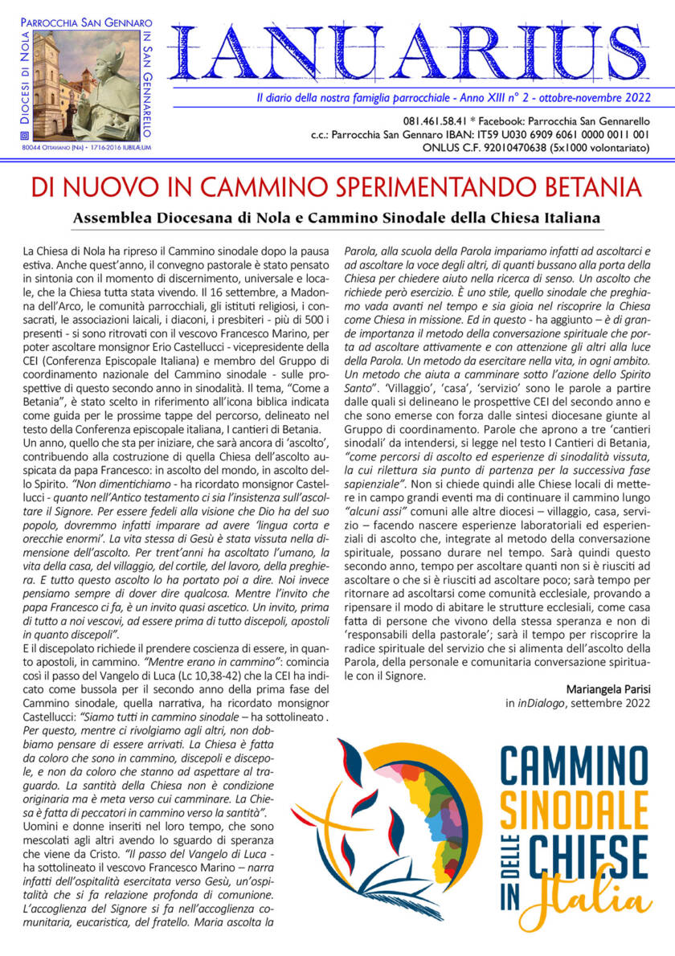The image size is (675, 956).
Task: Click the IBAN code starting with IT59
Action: pyautogui.click(x=558, y=134)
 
